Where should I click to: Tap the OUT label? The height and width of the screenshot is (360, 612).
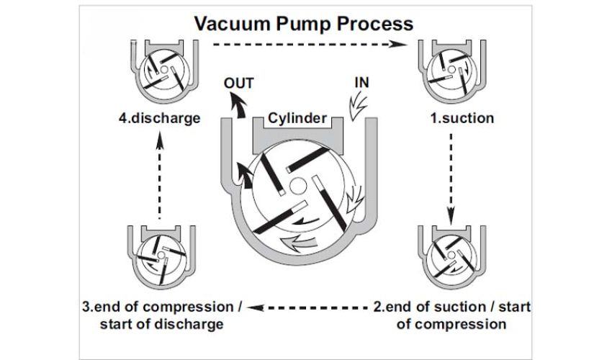pyautogui.click(x=238, y=82)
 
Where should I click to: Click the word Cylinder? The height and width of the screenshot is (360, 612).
pyautogui.click(x=298, y=118)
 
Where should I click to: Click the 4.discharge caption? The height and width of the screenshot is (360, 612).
pyautogui.click(x=161, y=118)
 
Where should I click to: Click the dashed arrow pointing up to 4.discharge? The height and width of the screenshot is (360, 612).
pyautogui.click(x=159, y=177)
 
